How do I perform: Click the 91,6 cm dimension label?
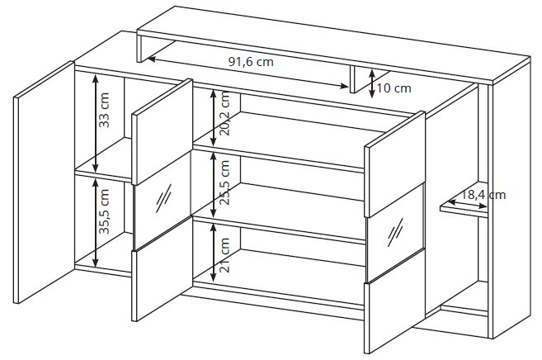pyautogui.click(x=251, y=62)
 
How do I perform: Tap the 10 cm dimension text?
pyautogui.click(x=394, y=88)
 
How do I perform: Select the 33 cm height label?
pyautogui.click(x=104, y=111)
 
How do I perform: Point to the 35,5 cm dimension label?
pyautogui.click(x=104, y=211)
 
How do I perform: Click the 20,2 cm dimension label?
pyautogui.click(x=224, y=113)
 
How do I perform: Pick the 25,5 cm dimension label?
pyautogui.click(x=224, y=182)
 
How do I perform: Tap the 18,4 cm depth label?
pyautogui.click(x=484, y=195)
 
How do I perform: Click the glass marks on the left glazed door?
pyautogui.click(x=164, y=198)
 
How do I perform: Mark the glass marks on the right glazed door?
pyautogui.click(x=395, y=232)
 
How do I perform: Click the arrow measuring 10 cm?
pyautogui.click(x=371, y=83)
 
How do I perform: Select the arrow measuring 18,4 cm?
pyautogui.click(x=468, y=204)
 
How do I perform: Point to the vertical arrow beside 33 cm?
pyautogui.click(x=96, y=123)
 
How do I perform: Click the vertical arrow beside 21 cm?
pyautogui.click(x=214, y=252)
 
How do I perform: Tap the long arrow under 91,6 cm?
pyautogui.click(x=247, y=73)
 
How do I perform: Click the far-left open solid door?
pyautogui.click(x=44, y=182)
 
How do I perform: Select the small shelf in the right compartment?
pyautogui.click(x=464, y=209)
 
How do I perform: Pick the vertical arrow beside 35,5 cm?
pyautogui.click(x=96, y=223)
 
